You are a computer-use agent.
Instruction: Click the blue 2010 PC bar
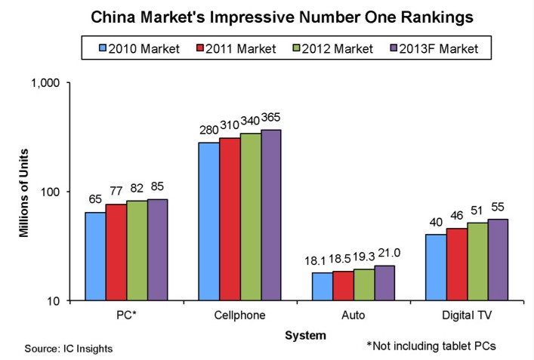(x=95, y=256)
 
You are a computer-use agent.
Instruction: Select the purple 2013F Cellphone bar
(x=271, y=215)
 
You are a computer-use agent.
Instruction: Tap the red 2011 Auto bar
(x=344, y=285)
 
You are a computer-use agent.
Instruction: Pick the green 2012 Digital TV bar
(x=477, y=261)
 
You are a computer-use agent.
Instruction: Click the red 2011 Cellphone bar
(x=230, y=219)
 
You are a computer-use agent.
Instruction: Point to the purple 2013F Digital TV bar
(x=499, y=260)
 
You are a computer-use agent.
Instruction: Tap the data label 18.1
(x=321, y=262)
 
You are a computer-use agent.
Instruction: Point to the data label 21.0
(x=384, y=256)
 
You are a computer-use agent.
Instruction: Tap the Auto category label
(x=353, y=314)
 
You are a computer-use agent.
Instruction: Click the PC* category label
(x=126, y=314)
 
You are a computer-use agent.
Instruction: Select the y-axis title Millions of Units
(x=24, y=192)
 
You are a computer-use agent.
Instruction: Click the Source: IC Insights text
(x=69, y=348)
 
